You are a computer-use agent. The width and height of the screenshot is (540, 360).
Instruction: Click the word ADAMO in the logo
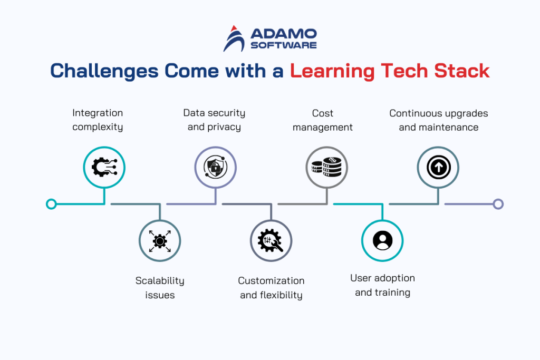pyautogui.click(x=283, y=34)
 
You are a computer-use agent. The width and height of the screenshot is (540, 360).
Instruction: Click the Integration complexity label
pyautogui.click(x=98, y=120)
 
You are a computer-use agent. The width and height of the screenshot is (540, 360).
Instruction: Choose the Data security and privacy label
pyautogui.click(x=214, y=120)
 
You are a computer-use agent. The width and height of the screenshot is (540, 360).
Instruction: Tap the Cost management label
pyautogui.click(x=323, y=120)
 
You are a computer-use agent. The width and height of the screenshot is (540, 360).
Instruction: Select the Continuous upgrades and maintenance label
pyautogui.click(x=439, y=120)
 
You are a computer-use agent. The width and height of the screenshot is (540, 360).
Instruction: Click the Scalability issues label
pyautogui.click(x=160, y=288)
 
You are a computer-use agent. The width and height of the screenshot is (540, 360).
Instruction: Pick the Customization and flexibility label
pyautogui.click(x=271, y=288)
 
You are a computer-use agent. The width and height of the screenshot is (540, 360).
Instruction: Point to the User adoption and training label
pyautogui.click(x=382, y=285)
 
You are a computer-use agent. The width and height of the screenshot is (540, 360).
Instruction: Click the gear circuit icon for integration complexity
pyautogui.click(x=104, y=168)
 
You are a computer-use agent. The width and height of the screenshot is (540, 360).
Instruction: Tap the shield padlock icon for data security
pyautogui.click(x=215, y=168)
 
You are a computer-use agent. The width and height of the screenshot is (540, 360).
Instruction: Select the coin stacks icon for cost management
pyautogui.click(x=326, y=168)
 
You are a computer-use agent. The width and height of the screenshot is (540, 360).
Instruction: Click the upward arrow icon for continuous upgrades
pyautogui.click(x=438, y=168)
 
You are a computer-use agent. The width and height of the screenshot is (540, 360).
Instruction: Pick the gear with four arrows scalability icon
pyautogui.click(x=160, y=241)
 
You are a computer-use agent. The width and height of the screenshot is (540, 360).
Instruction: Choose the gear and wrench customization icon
pyautogui.click(x=271, y=241)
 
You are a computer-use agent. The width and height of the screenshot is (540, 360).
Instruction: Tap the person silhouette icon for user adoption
pyautogui.click(x=382, y=240)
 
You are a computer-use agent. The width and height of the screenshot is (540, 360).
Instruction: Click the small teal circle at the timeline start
pyautogui.click(x=51, y=204)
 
